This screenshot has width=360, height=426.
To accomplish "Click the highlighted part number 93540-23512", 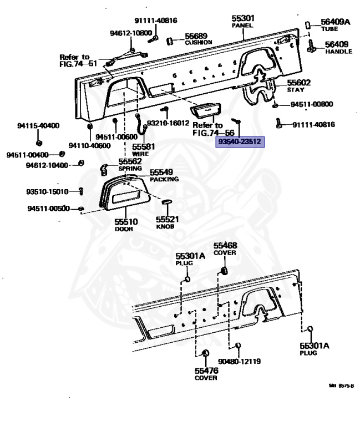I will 241,142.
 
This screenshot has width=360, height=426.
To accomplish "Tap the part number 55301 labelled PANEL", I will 242,18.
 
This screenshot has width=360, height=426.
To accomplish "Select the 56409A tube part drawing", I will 308,25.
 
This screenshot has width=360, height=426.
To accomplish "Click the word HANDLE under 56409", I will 338,52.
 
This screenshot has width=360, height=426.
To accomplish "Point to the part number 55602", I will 298,82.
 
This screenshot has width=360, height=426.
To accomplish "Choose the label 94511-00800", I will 312,104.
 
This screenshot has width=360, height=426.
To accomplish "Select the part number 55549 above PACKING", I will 164,173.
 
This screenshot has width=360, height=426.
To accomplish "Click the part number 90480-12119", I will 240,361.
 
